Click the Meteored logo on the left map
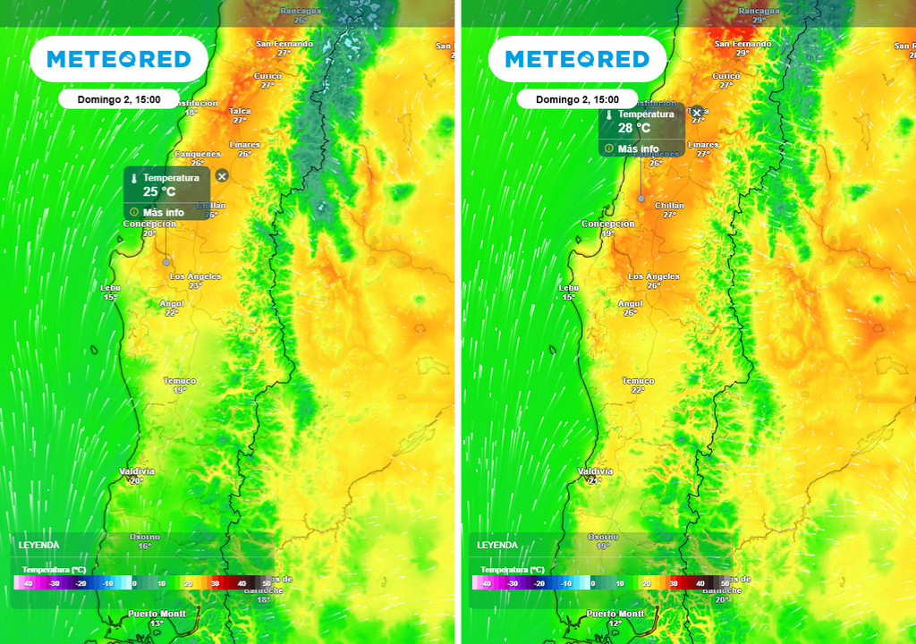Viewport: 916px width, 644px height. coord(118,59)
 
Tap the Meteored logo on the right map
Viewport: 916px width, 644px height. coord(576,59)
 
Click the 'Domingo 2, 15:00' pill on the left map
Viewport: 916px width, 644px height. coord(119,99)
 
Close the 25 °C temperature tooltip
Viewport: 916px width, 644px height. coord(222,176)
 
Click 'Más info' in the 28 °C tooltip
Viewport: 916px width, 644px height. coord(638,149)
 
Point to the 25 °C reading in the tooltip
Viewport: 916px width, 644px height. coord(159,191)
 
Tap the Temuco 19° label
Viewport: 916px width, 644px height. coord(180,386)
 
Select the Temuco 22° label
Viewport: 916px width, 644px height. coord(638,386)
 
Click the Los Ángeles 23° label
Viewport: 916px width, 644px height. coord(195,281)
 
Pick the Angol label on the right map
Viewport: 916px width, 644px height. coord(631,308)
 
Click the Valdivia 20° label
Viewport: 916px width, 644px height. coord(137,475)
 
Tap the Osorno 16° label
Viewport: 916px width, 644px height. coord(144,541)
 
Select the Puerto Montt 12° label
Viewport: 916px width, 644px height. coord(615,618)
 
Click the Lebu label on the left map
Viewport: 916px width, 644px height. coord(111,292)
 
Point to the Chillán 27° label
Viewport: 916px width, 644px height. coord(669,210)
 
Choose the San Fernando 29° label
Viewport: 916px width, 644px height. coord(742,47)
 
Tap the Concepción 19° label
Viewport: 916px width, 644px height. coord(608,228)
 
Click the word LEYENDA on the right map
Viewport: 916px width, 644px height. coord(496,545)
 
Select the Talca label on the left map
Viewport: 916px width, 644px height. coord(240,115)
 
